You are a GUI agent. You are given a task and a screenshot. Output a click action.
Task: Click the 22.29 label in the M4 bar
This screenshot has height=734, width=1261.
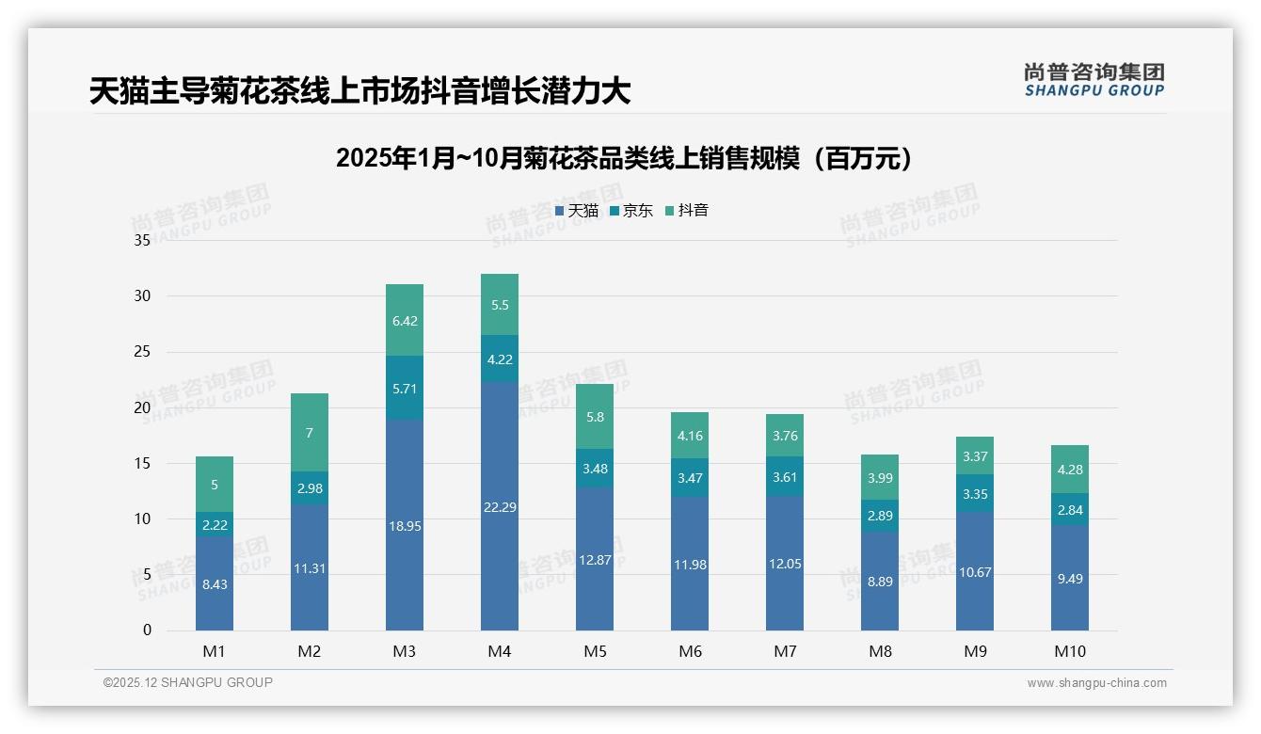point(500,507)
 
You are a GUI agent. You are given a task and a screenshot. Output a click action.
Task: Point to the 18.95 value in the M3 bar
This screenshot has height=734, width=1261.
point(405,526)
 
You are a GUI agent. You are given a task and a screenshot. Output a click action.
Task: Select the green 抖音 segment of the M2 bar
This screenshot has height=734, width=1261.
point(310,433)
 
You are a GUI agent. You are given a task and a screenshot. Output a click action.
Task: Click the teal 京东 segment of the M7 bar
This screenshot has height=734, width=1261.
point(785,477)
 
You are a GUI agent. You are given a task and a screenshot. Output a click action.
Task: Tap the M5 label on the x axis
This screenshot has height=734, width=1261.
point(595,651)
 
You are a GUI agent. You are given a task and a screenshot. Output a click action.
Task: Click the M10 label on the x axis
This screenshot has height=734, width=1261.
point(1070,651)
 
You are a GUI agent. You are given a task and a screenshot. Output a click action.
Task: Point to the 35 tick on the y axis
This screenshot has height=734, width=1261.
point(142,241)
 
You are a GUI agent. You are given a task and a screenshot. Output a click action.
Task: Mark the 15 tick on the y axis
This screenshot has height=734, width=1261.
point(142,463)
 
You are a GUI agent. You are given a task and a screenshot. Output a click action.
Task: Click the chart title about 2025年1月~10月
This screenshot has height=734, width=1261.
point(624,158)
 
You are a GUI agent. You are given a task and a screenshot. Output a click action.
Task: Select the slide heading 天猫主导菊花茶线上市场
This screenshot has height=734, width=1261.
point(359,91)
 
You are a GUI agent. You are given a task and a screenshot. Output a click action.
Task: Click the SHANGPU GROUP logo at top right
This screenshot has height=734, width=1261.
point(1093,80)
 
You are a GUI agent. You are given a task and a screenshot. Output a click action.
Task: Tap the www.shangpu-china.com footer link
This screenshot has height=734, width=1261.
point(1096,683)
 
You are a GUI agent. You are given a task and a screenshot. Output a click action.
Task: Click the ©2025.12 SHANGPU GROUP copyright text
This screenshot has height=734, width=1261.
point(188,683)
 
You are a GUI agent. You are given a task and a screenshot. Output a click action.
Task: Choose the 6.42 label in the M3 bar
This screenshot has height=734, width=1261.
point(405,321)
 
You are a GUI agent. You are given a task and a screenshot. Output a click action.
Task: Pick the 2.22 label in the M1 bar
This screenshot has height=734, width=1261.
point(215,525)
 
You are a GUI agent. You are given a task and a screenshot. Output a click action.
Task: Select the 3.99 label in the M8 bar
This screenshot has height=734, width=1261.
point(880,478)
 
